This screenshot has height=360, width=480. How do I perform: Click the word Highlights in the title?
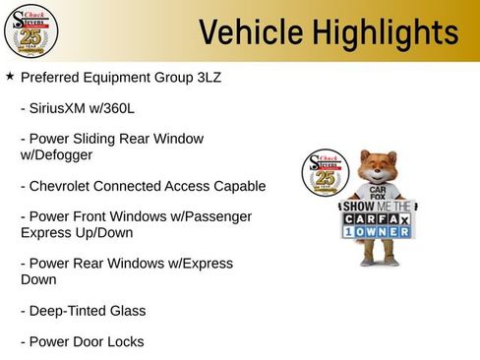point(380,31)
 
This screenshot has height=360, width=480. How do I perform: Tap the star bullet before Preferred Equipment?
point(10,76)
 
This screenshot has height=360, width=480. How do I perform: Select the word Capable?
point(238,186)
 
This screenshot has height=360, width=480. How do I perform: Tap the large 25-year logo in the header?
point(30,31)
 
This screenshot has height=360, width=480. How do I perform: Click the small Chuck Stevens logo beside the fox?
point(322,174)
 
